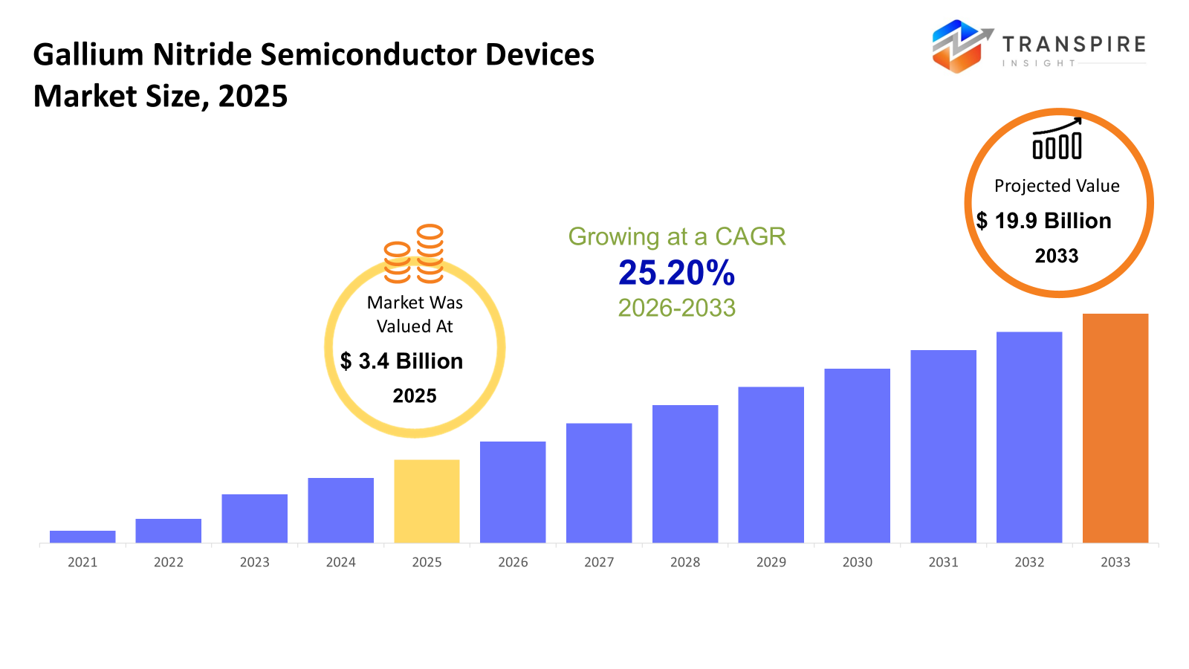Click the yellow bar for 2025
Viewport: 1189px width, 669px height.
pos(427,501)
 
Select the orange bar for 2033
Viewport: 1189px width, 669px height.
pos(1115,428)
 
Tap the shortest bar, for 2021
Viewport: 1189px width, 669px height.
pos(82,537)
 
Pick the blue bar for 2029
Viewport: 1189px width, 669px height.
pos(771,465)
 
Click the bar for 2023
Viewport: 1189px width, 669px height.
pos(254,518)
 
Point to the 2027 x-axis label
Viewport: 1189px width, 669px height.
pos(599,562)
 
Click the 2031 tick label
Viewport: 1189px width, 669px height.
pos(943,562)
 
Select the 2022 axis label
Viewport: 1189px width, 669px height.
pos(169,562)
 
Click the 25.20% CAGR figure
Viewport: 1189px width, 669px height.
pos(676,273)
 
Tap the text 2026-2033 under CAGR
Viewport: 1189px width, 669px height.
pos(676,308)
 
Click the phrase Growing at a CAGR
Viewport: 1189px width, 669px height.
pos(676,236)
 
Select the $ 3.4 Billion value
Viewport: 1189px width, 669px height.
pos(401,361)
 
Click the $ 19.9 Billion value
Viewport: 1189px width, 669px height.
pos(1043,221)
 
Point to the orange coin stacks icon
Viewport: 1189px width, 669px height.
pos(414,254)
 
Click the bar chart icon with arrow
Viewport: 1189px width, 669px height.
pos(1057,139)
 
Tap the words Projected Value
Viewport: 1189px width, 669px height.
pos(1057,186)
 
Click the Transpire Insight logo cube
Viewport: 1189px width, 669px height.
pos(959,46)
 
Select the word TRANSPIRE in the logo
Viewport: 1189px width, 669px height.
pos(1074,45)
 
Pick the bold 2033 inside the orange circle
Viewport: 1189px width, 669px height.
pos(1057,256)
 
